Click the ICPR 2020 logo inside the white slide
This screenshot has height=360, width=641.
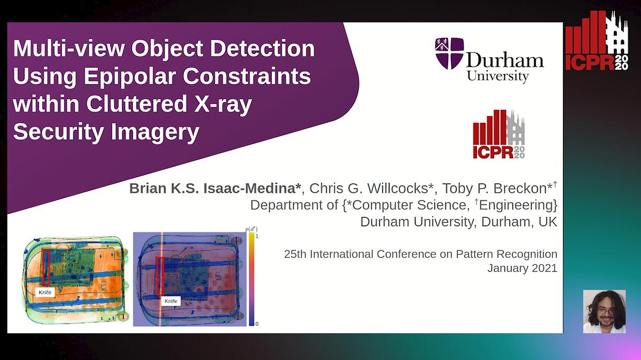(498, 135)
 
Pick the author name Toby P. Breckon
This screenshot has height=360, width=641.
(495, 189)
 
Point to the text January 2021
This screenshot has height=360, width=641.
(522, 268)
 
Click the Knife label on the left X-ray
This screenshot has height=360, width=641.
(45, 292)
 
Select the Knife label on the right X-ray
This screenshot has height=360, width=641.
(170, 301)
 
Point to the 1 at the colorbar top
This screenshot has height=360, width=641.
(257, 236)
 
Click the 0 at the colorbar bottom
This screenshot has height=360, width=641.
(257, 324)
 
